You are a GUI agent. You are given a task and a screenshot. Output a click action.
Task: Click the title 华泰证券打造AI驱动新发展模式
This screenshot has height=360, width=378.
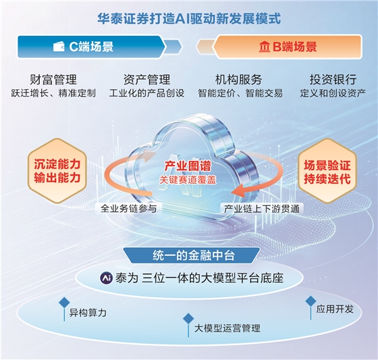tap(189, 19)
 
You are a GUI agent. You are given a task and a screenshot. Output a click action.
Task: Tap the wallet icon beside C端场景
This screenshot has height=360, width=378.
tap(59, 47)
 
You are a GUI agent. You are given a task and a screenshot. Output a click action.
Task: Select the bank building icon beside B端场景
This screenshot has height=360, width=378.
tap(265, 47)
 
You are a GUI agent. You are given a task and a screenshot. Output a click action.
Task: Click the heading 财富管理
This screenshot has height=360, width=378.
tap(53, 80)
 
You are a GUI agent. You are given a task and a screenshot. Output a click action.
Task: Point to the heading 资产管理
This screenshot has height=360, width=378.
tap(147, 80)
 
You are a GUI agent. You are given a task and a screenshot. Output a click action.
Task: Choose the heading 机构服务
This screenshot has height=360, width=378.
tap(238, 80)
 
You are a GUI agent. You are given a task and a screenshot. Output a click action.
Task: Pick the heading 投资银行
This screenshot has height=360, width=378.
tap(333, 80)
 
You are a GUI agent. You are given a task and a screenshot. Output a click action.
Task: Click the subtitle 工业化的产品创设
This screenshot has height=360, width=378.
tap(147, 93)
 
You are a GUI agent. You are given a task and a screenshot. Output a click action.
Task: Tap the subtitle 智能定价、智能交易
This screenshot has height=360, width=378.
tap(240, 93)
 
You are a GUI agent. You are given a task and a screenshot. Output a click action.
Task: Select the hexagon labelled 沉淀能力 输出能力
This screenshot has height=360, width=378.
tap(57, 171)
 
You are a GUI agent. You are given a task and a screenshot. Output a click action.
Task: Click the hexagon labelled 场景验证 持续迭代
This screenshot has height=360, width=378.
tap(327, 171)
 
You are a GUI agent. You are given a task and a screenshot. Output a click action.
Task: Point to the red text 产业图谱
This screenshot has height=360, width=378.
tap(188, 166)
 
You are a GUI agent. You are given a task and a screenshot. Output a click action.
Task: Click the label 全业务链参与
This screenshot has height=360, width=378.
tap(129, 209)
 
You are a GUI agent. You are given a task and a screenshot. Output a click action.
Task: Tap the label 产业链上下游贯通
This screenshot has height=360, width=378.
tap(262, 209)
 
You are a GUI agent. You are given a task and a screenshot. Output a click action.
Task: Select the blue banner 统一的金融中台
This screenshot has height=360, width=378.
tap(192, 255)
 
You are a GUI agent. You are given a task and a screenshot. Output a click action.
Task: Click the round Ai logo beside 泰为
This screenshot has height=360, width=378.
tap(107, 278)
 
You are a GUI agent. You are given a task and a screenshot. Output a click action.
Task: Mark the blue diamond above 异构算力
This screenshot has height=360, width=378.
tap(64, 303)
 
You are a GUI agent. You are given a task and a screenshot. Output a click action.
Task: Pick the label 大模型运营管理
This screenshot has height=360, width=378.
tap(227, 328)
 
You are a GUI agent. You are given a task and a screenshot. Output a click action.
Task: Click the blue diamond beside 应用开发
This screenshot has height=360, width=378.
tap(310, 301)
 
